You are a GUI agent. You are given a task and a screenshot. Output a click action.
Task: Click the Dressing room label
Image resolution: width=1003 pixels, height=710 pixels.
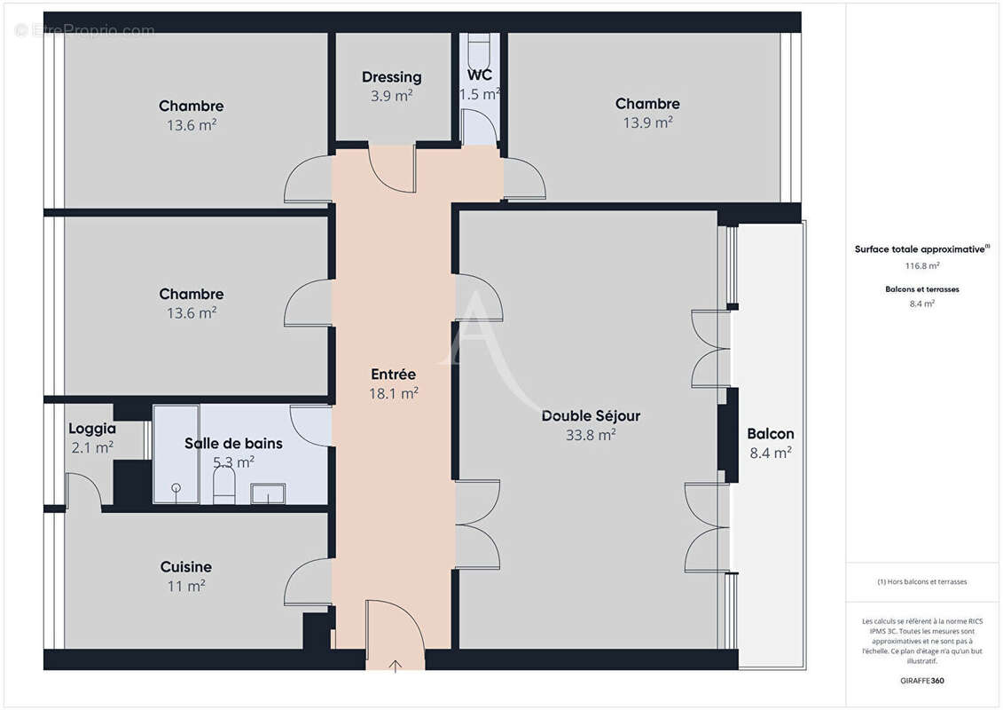pyautogui.click(x=391, y=77)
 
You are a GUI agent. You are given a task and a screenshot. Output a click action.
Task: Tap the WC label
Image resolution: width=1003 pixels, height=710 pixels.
pyautogui.click(x=479, y=75)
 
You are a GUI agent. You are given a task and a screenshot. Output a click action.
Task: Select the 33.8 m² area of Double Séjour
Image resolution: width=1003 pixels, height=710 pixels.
pyautogui.click(x=591, y=435)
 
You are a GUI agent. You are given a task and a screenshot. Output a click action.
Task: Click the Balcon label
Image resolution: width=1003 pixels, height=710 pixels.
pyautogui.click(x=770, y=434)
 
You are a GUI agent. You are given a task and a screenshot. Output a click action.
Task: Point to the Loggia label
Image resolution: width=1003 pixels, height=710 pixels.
pyautogui.click(x=92, y=429)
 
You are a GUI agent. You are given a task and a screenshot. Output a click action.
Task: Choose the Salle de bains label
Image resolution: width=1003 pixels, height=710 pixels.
pyautogui.click(x=233, y=443)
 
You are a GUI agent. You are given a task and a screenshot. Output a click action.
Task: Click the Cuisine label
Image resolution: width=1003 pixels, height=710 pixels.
pyautogui.click(x=185, y=566)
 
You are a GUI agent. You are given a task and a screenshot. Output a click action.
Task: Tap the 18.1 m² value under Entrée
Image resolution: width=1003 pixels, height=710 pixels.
pyautogui.click(x=394, y=393)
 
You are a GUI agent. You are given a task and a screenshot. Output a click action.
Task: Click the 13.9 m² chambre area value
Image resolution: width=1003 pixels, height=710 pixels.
pyautogui.click(x=647, y=123)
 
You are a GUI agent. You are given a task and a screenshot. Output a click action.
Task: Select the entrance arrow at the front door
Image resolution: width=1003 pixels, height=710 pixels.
pyautogui.click(x=396, y=663)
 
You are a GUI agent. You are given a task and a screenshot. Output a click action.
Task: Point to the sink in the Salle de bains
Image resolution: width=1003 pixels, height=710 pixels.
pyautogui.click(x=268, y=493)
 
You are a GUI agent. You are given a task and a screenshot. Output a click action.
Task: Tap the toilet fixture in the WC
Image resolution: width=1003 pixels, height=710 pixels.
pyautogui.click(x=479, y=44)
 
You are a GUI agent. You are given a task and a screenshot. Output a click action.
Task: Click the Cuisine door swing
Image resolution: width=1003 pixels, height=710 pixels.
pyautogui.click(x=308, y=581)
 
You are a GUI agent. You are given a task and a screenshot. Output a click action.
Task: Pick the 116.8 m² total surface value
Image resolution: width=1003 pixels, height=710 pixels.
pyautogui.click(x=922, y=265)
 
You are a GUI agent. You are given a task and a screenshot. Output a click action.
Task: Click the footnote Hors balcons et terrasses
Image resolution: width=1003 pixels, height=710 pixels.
pyautogui.click(x=922, y=582)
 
